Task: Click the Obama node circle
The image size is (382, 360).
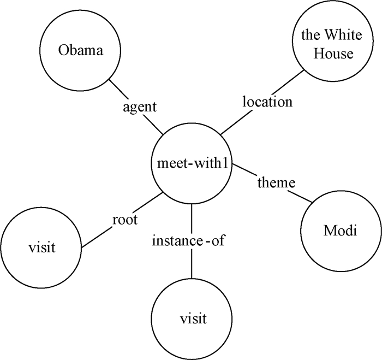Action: point(81,51)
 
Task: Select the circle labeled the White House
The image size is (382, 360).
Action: point(327,45)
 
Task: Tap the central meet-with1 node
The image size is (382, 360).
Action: point(192,163)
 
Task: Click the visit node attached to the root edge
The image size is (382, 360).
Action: point(42,247)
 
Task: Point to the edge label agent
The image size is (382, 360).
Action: point(139,107)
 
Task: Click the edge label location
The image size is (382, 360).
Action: point(267,102)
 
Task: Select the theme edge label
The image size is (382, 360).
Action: point(276,182)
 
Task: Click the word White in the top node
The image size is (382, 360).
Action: point(336,37)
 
